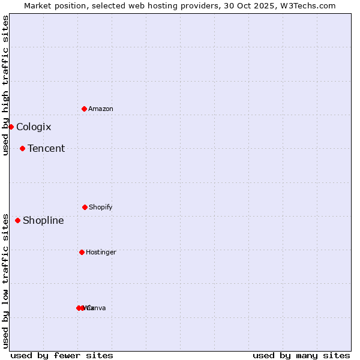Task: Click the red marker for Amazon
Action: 84,109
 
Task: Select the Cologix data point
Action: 11,127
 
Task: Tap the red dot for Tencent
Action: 22,148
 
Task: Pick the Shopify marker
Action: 85,207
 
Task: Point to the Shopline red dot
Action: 17,220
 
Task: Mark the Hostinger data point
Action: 82,252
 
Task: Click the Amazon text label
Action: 101,109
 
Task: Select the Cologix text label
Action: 34,127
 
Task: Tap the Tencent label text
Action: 46,148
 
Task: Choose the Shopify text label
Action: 101,207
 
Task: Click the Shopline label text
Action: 43,220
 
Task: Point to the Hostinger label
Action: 101,252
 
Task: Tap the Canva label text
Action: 97,308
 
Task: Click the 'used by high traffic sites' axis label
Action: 5,85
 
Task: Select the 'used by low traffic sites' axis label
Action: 5,281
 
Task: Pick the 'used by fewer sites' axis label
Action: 62,356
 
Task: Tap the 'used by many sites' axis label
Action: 301,356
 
